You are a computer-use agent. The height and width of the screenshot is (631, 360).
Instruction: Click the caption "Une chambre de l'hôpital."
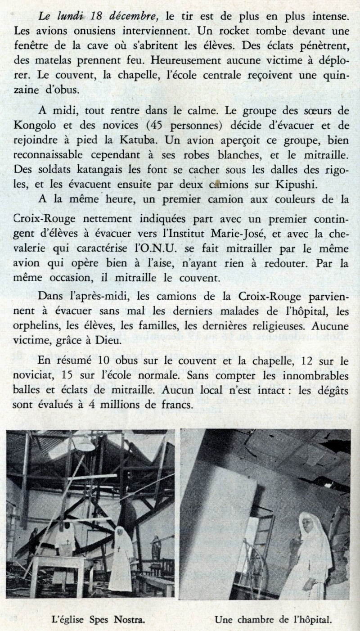pyautogui.click(x=273, y=620)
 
